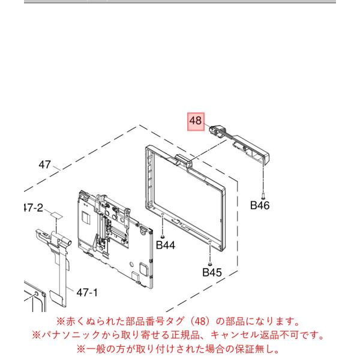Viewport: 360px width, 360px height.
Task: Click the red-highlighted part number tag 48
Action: (x=196, y=122)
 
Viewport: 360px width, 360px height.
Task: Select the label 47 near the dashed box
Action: (x=44, y=164)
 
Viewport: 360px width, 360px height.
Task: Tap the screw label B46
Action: (x=260, y=205)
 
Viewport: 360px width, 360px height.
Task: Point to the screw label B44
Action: (x=166, y=245)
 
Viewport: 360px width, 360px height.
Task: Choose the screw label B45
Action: (x=212, y=272)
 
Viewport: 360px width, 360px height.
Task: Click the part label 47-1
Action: (x=87, y=293)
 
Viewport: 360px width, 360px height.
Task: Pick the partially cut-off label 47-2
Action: (x=34, y=208)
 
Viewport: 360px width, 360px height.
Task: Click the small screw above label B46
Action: (x=263, y=196)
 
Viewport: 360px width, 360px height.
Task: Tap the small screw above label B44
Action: (x=163, y=236)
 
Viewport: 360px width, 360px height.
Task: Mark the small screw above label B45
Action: (x=209, y=264)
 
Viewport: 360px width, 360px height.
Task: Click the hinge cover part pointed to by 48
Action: (x=239, y=142)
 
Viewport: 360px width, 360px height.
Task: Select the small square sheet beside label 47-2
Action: (x=56, y=215)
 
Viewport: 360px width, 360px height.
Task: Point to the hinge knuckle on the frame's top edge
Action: (x=183, y=161)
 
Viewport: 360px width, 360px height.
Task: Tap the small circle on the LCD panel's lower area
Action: (x=131, y=264)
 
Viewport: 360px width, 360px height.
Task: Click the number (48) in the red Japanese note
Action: (x=200, y=322)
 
